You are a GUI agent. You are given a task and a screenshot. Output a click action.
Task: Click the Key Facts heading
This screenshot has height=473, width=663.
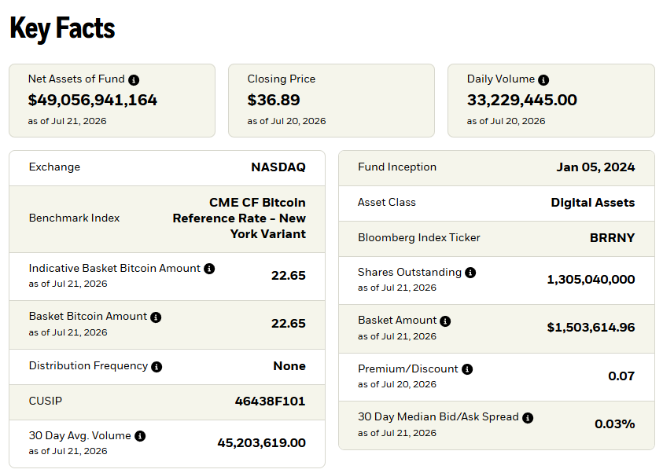(62, 28)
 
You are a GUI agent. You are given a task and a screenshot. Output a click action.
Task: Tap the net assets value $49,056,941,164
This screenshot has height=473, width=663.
(93, 100)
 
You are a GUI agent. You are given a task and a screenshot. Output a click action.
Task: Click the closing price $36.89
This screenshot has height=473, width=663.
(274, 100)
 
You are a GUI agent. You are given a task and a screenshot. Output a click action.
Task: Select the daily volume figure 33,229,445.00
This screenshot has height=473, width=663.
(521, 100)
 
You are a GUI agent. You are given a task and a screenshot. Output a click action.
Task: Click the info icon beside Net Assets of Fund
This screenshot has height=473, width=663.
(134, 80)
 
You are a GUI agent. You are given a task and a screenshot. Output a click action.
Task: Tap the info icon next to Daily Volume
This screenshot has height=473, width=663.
(543, 80)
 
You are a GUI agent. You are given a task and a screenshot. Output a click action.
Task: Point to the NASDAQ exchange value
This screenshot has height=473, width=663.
(278, 167)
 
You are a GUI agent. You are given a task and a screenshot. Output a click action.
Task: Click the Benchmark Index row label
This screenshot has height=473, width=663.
(74, 218)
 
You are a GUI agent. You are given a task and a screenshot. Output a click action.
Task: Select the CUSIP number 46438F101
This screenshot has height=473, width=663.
(271, 401)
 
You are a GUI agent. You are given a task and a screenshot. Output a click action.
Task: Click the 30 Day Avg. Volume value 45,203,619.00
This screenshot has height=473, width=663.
(261, 442)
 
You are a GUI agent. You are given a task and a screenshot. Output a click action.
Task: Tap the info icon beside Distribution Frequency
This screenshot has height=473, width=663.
(157, 367)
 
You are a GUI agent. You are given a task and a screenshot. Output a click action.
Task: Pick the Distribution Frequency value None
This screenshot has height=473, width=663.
(289, 365)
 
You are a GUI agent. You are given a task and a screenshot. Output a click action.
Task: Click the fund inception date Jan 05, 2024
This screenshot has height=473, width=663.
(595, 167)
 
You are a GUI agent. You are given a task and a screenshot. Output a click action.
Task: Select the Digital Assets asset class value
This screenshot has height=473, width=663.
(593, 203)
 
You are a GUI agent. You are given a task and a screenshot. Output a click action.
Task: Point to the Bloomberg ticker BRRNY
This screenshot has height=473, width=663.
(612, 238)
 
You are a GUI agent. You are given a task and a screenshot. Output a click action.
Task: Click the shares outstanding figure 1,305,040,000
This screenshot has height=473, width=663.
(591, 279)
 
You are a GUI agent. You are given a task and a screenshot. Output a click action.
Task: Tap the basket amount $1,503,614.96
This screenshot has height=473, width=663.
(591, 328)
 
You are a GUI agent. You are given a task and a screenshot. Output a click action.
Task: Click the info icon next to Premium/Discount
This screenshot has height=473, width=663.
(467, 369)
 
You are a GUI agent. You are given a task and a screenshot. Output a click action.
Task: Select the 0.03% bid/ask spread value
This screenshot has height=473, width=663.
(615, 423)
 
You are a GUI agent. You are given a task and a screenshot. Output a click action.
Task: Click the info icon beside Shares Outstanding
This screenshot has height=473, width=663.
(470, 273)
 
